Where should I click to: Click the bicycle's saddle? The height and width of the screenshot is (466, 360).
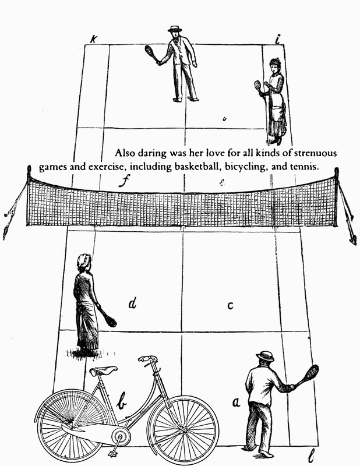tap(104, 370)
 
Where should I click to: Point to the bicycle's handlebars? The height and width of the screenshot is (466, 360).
tap(148, 359)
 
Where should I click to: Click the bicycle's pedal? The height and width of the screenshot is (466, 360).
tap(113, 453)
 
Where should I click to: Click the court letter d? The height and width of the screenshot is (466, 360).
tap(133, 303)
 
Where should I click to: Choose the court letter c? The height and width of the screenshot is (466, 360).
tap(230, 306)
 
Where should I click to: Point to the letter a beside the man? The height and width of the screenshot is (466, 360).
tap(236, 402)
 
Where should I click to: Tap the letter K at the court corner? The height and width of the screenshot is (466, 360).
tap(94, 39)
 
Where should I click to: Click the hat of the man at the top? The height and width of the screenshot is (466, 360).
tap(175, 29)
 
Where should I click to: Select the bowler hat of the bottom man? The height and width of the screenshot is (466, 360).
tap(265, 356)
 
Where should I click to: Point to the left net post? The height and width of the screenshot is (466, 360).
tap(29, 196)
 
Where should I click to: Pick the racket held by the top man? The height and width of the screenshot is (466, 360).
tap(151, 54)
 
